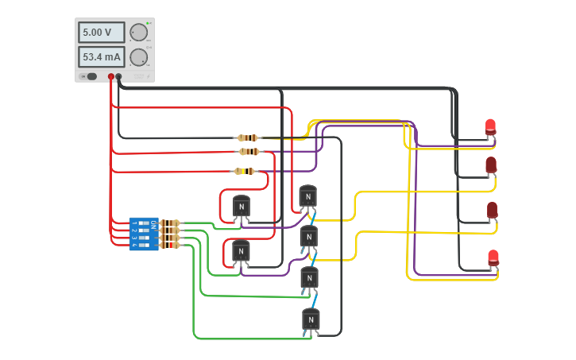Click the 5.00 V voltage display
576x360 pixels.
click(101, 33)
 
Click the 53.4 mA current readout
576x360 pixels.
click(101, 57)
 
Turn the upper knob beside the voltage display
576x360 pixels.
click(138, 33)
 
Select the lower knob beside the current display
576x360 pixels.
click(138, 57)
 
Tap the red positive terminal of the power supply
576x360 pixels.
click(111, 77)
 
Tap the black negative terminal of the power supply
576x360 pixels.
click(119, 77)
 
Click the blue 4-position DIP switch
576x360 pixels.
click(144, 234)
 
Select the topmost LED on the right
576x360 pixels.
click(490, 126)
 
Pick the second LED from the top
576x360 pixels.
click(491, 165)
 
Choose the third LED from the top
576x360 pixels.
click(492, 210)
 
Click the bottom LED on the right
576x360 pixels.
click(493, 257)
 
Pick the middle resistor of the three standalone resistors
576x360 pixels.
click(249, 151)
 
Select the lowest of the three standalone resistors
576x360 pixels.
click(245, 171)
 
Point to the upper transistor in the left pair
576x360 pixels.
click(241, 207)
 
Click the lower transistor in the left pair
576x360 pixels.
click(241, 251)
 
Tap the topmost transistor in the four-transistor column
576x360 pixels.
click(308, 196)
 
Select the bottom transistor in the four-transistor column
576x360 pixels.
click(310, 319)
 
